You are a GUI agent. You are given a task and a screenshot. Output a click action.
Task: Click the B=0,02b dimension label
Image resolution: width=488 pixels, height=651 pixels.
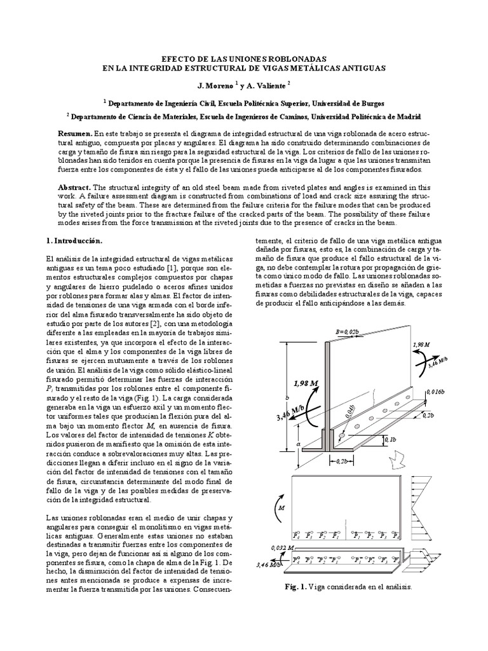(x=346, y=331)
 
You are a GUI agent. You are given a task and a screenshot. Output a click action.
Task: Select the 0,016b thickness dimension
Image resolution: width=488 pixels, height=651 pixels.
(x=438, y=392)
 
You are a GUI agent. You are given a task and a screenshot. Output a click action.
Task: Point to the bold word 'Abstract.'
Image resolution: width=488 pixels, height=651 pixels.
(x=76, y=188)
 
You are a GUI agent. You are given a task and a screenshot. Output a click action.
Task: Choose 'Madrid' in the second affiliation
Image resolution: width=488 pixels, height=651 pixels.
(x=405, y=117)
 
